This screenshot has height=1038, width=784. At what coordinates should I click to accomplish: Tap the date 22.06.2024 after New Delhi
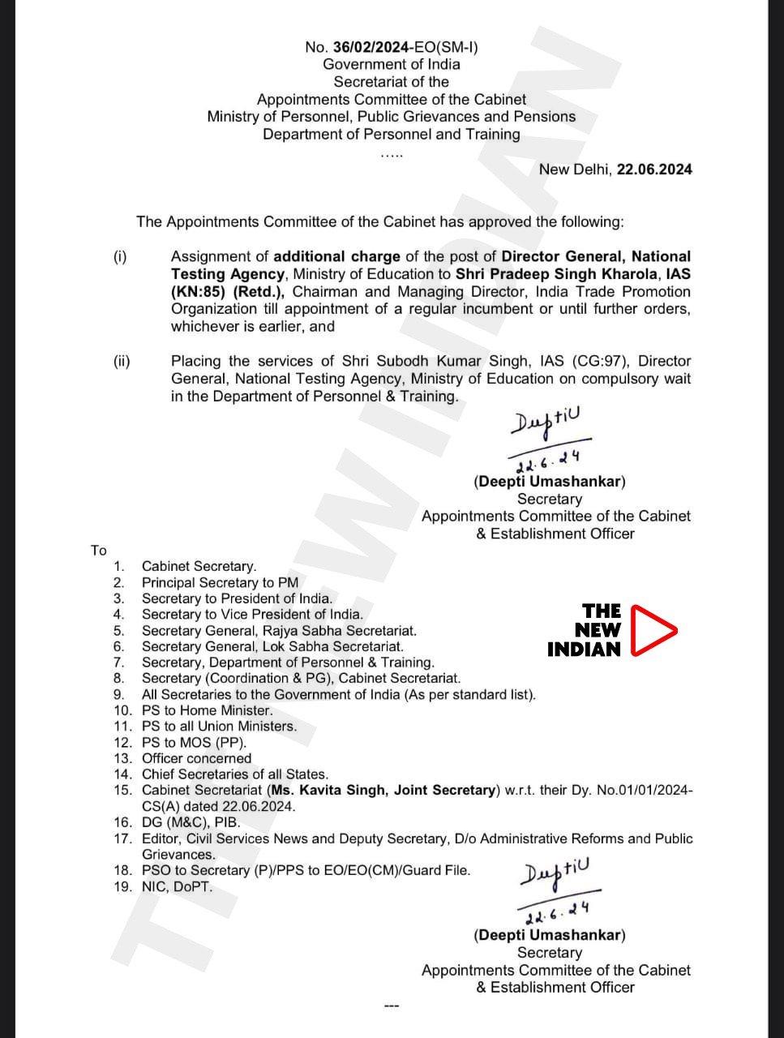coord(654,169)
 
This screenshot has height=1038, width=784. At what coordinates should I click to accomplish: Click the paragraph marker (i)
coord(120,257)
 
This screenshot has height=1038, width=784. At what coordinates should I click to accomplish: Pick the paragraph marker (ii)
coord(121,362)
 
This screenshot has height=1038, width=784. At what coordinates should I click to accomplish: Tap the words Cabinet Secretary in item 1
coord(199,566)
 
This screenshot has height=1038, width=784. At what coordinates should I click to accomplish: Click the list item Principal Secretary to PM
coord(220,582)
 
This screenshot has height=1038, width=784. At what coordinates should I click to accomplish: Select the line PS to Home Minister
coord(207,710)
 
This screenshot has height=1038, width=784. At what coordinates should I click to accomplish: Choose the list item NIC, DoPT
coord(177,886)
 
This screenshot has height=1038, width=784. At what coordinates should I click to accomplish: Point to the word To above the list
coord(99,551)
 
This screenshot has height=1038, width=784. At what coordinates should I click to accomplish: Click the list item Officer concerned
coord(196,758)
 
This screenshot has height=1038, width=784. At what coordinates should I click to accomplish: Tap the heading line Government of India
coord(391,64)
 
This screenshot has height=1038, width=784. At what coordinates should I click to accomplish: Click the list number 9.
coord(118,694)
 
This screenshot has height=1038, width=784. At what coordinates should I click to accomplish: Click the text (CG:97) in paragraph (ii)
coord(600,361)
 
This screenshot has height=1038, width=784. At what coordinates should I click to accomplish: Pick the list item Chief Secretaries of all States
coord(234,774)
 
